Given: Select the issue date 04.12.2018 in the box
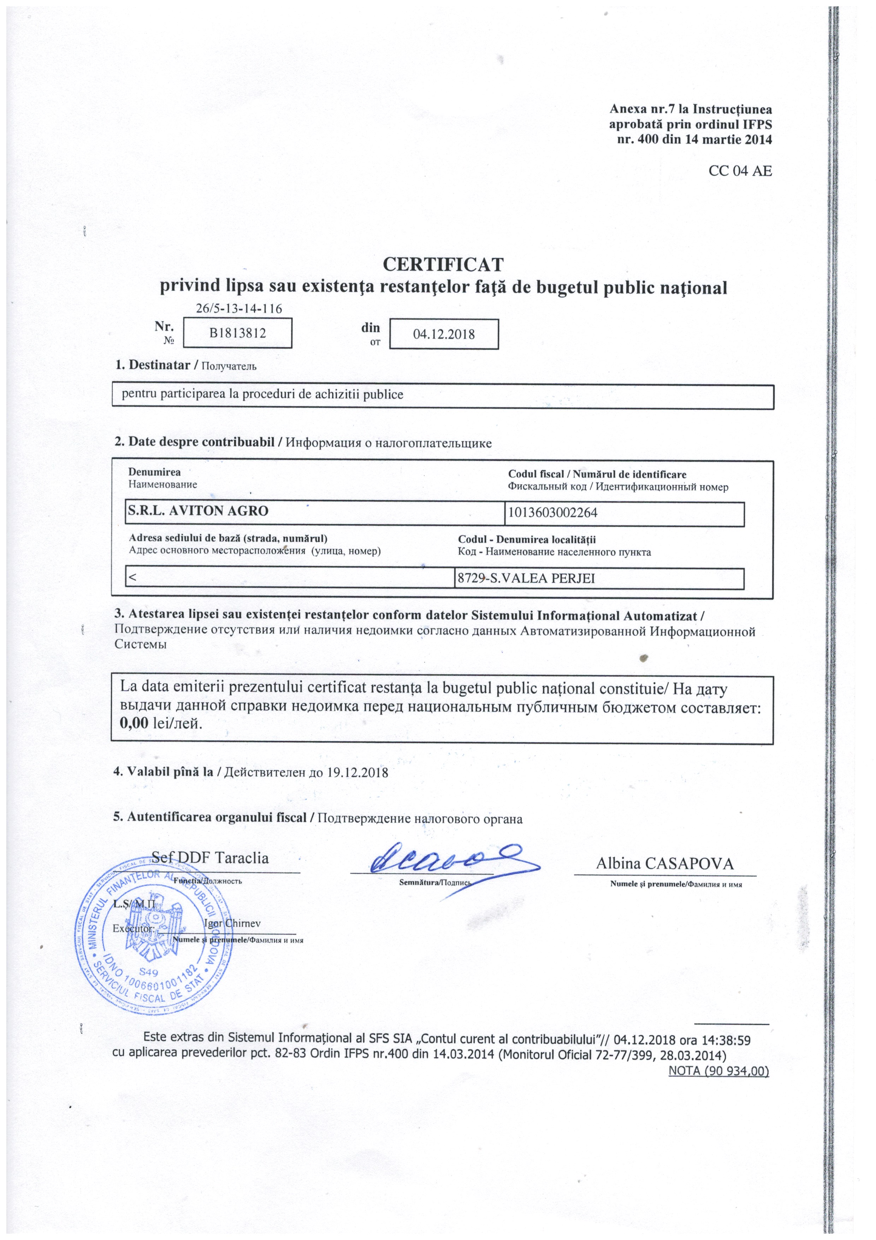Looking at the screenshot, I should (x=444, y=334).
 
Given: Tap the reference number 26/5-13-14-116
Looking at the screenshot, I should (x=239, y=308).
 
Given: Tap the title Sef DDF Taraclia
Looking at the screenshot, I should (x=210, y=858).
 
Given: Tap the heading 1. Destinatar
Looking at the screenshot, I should (x=152, y=365).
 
